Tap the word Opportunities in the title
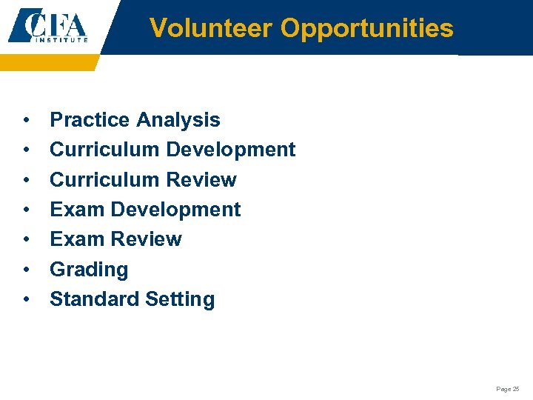click(x=367, y=28)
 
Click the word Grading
click(x=89, y=270)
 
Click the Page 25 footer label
click(x=508, y=389)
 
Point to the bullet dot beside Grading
click(x=27, y=270)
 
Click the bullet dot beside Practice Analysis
click(x=27, y=121)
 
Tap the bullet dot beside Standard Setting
click(x=27, y=300)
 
